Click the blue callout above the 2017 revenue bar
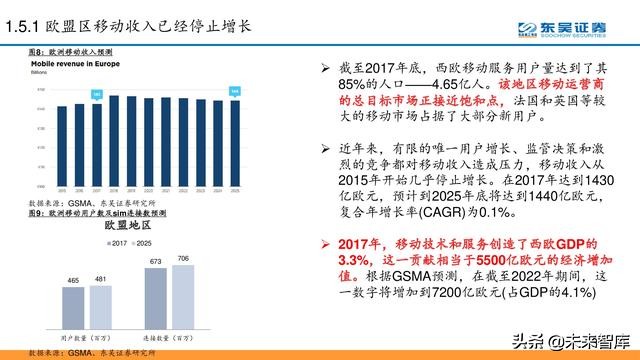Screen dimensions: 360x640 pyautogui.click(x=97, y=94)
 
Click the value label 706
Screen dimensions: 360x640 pyautogui.click(x=182, y=259)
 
